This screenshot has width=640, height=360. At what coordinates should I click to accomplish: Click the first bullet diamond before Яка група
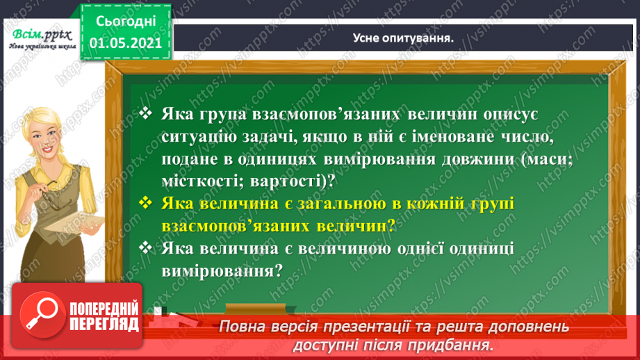click(145, 113)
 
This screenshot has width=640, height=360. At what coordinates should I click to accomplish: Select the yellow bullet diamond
click(145, 202)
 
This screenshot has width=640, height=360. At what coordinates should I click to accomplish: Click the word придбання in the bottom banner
click(457, 345)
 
